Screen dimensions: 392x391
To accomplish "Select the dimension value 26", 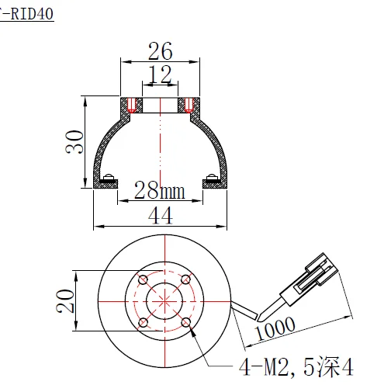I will pos(161,52).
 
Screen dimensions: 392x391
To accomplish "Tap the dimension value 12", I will pos(161,75).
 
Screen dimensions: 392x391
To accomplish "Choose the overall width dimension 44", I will pos(161,217).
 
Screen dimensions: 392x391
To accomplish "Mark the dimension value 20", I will pos(65,298).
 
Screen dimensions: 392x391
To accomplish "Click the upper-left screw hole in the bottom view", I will pos(143,280).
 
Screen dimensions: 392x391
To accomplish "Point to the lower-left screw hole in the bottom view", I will pos(143,322).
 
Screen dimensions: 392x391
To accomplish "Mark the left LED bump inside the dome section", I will pos(110,175).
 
